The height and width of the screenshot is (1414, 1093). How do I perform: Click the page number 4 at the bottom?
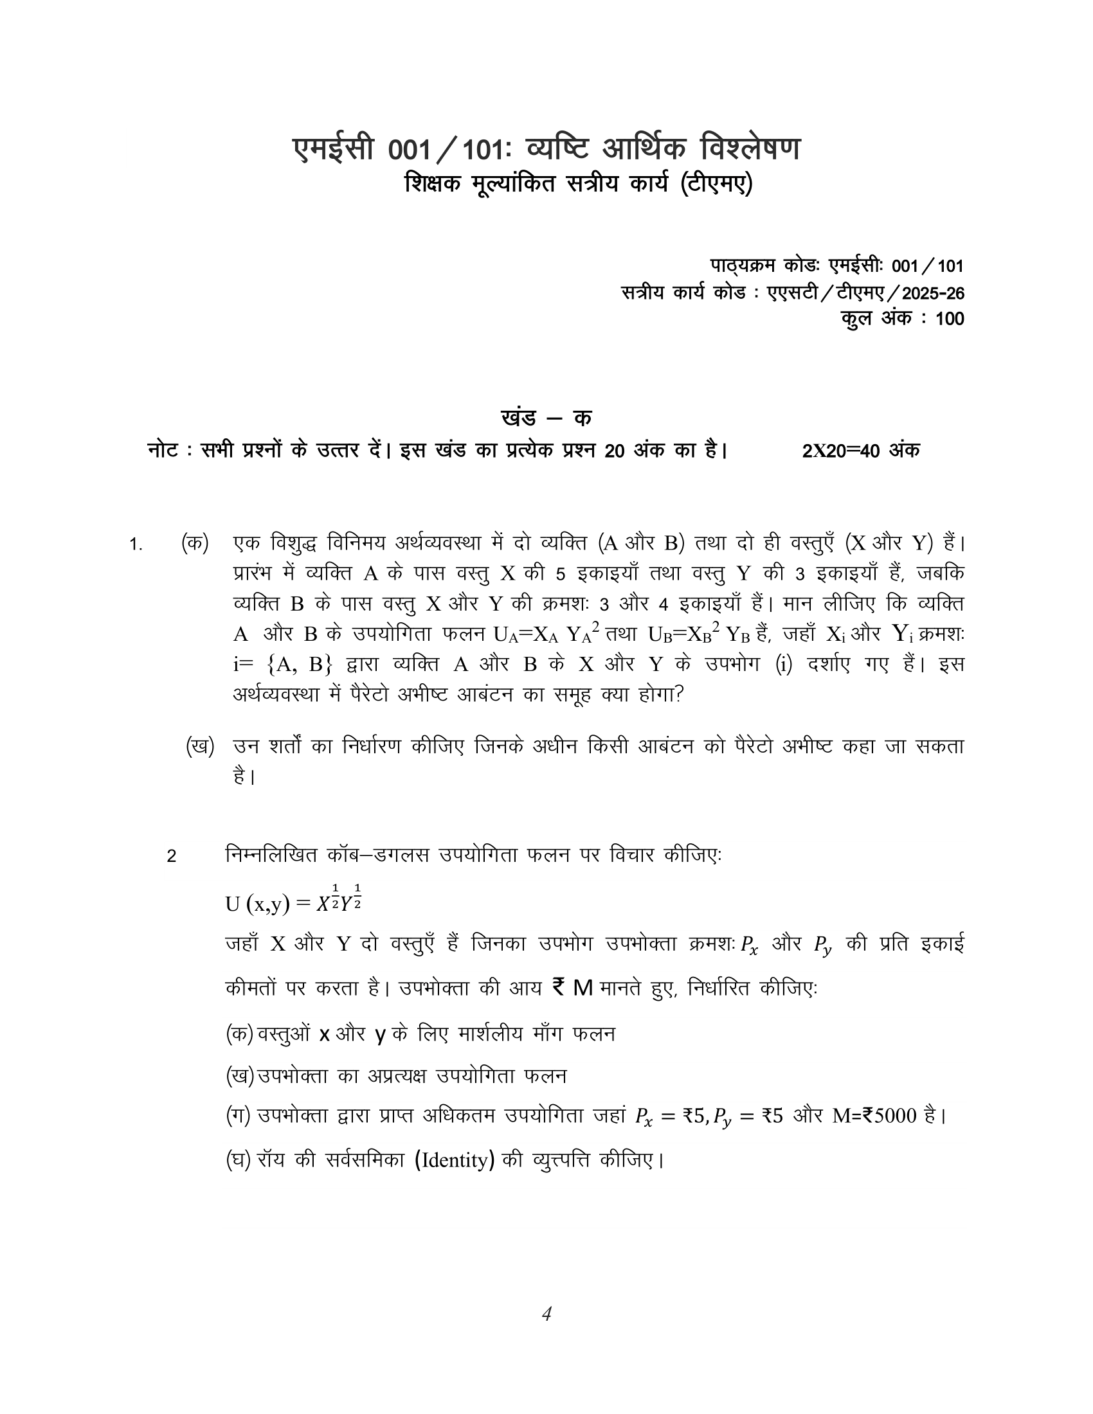click(546, 1314)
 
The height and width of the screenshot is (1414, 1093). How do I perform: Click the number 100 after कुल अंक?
click(949, 319)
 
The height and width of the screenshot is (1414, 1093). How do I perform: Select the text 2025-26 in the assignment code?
click(933, 293)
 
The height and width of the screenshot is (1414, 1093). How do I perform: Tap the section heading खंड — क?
click(546, 418)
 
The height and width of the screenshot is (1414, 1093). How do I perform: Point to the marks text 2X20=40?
click(842, 451)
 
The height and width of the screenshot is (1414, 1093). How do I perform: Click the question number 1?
click(135, 544)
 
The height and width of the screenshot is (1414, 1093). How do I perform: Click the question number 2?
click(172, 857)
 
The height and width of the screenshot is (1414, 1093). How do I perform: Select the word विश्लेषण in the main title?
click(750, 148)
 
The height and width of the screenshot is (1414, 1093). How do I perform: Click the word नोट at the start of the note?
click(163, 451)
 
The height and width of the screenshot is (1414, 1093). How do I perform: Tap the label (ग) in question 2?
click(238, 1116)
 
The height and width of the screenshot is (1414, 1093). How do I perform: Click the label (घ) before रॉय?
click(238, 1159)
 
